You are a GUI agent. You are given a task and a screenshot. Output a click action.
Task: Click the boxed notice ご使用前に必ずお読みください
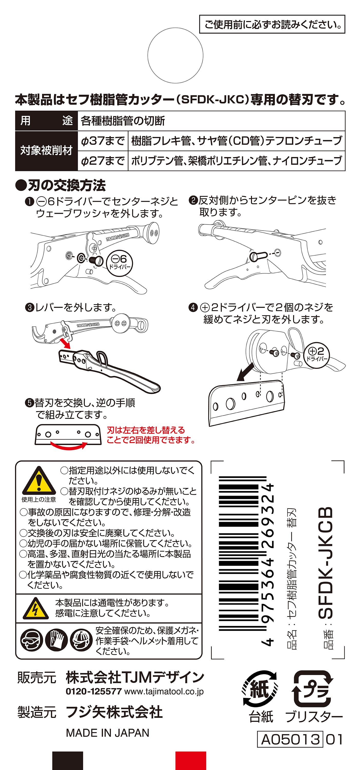click(x=272, y=24)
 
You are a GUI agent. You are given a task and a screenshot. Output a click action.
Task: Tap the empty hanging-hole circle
click(x=175, y=56)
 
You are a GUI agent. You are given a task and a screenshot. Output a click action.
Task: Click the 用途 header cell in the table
click(x=46, y=121)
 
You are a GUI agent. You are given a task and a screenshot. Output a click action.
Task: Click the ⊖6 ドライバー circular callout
click(x=120, y=263)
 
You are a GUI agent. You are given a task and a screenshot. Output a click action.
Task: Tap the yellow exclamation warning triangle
click(x=39, y=482)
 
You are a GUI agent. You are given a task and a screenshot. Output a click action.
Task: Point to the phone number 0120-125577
click(x=93, y=691)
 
